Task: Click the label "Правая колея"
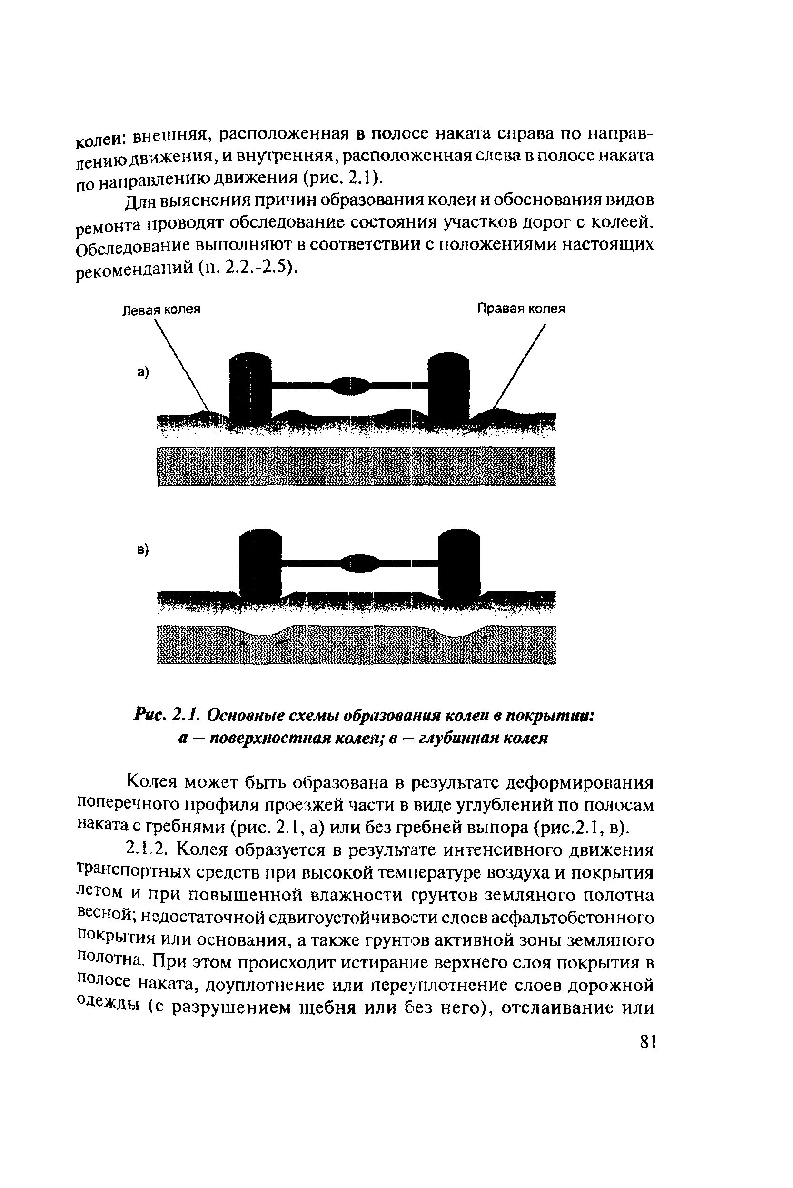[x=521, y=309]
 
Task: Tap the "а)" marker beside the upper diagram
[x=143, y=373]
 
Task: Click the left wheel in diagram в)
[x=259, y=561]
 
